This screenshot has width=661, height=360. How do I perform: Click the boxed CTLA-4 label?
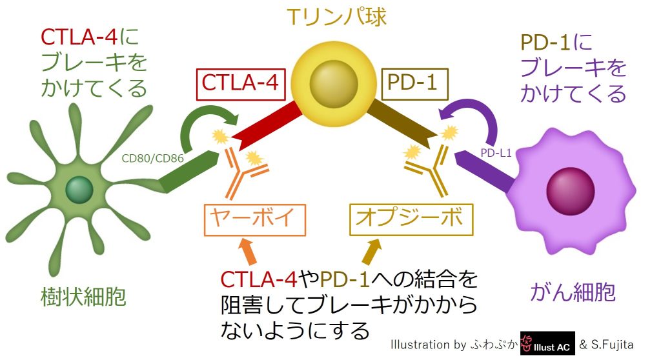pyautogui.click(x=239, y=83)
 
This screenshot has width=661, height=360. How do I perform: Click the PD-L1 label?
pyautogui.click(x=496, y=153)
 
